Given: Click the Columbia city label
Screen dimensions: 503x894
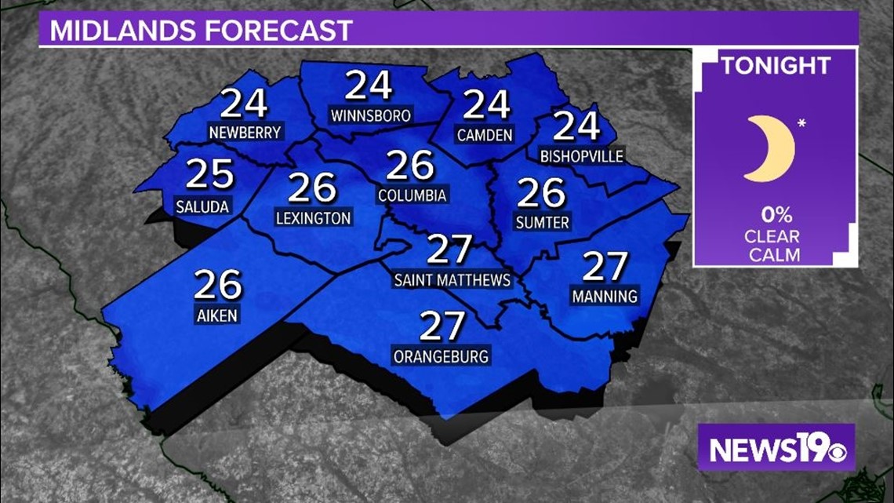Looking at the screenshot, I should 412,195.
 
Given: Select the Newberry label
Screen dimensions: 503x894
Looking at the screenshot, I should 245,133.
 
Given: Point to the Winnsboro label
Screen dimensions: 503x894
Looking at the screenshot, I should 370,116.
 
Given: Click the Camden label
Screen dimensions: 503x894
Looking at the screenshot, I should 485,135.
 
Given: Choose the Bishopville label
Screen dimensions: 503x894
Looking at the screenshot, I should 582,156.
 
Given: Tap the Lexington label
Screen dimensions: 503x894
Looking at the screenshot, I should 314,217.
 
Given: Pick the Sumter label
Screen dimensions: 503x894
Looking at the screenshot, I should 542,223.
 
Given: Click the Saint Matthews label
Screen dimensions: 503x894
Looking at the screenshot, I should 452,280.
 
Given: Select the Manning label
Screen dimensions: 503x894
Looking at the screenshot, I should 605,297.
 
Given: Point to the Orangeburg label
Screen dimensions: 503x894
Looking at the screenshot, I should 442,356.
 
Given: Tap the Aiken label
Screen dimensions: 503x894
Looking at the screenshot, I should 217,315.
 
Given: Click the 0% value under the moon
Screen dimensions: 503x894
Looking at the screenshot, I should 774,214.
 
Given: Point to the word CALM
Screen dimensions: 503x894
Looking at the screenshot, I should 774,254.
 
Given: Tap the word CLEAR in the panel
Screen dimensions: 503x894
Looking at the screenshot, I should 774,235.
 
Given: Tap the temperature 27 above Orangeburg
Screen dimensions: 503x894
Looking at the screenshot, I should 443,326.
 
